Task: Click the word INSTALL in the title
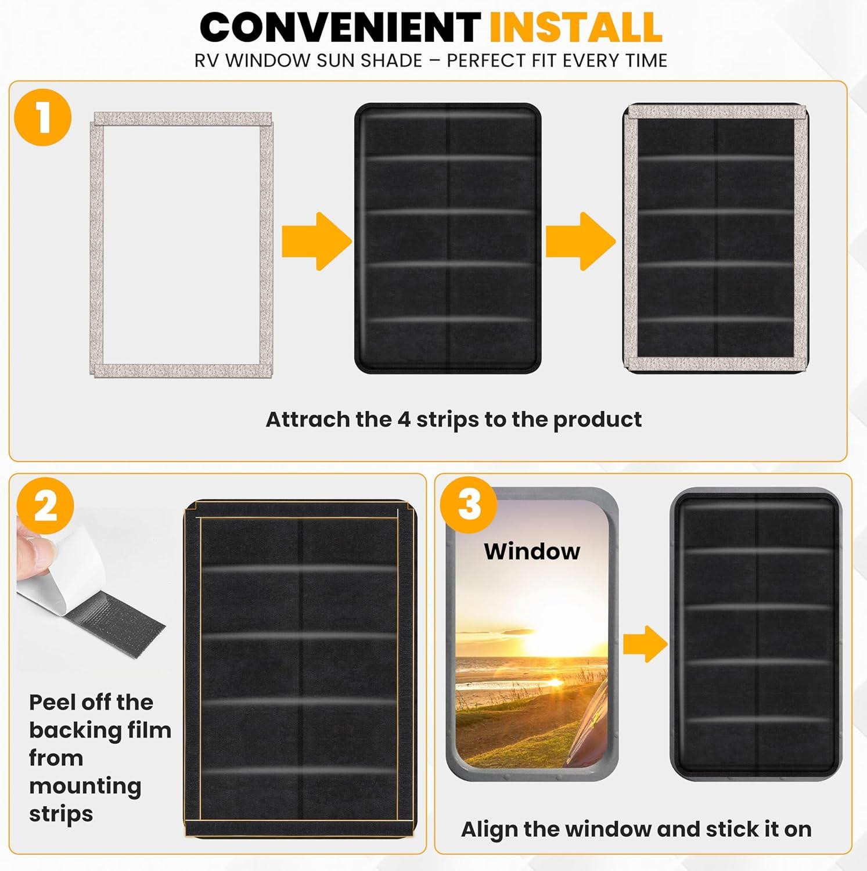[x=575, y=27]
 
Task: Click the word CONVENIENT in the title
[x=340, y=27]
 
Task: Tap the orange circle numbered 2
[x=46, y=505]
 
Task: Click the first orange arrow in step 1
[x=317, y=241]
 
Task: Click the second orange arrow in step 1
[x=580, y=241]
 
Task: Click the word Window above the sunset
[x=532, y=551]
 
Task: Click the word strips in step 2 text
[x=61, y=814]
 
